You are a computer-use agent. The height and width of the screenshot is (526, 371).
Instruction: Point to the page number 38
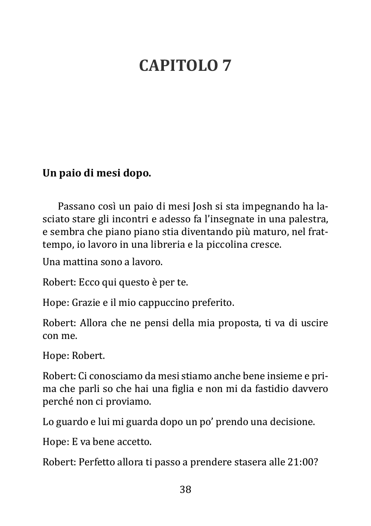185,490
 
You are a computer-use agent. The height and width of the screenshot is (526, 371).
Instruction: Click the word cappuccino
160,303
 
